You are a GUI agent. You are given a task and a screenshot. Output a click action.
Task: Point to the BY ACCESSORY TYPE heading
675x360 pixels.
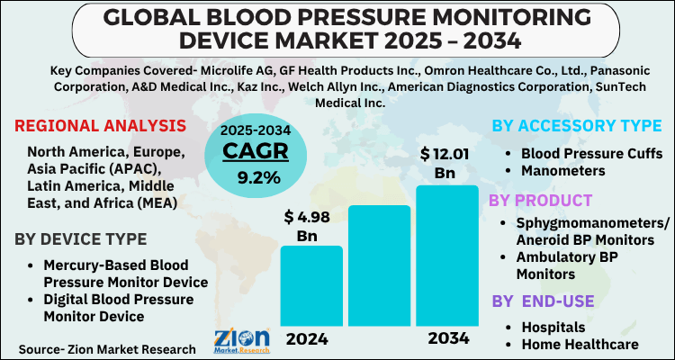click(x=577, y=127)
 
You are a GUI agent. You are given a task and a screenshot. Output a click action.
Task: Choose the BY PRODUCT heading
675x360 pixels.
click(x=540, y=200)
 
